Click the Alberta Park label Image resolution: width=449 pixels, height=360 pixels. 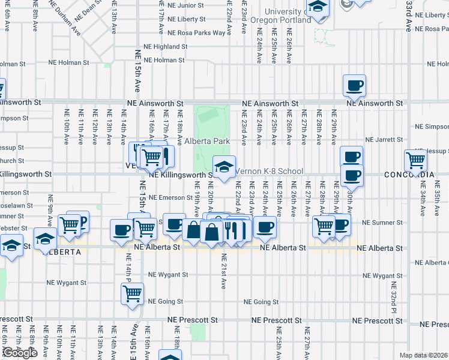click(207, 141)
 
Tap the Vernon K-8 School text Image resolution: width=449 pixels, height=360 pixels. click(268, 171)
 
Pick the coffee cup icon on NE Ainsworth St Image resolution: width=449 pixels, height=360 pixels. click(354, 85)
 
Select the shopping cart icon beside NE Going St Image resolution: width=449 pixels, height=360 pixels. click(132, 294)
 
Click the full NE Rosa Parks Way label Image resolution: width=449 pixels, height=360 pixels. click(196, 33)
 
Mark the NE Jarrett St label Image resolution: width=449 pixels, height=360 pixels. click(431, 139)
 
